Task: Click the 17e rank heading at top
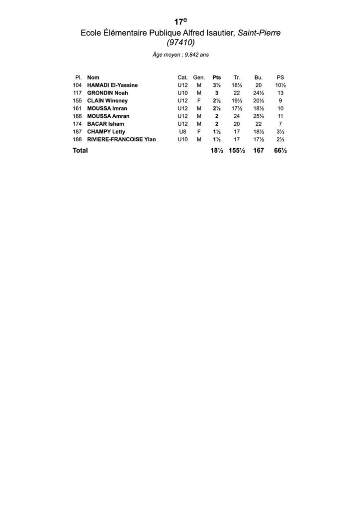(x=180, y=22)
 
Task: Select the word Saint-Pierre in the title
(x=260, y=33)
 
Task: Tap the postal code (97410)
(x=180, y=43)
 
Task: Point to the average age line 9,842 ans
(x=180, y=56)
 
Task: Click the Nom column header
(x=92, y=78)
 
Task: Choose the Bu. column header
(x=258, y=78)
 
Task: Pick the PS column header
(x=280, y=78)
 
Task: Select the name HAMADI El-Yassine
(x=112, y=85)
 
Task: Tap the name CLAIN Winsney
(x=107, y=101)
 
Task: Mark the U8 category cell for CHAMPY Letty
(x=182, y=132)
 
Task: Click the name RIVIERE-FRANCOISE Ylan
(x=121, y=139)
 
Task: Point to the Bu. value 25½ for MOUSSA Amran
(x=258, y=116)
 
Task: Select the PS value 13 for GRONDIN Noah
(x=280, y=93)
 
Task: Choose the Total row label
(x=80, y=150)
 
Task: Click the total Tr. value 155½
(x=237, y=150)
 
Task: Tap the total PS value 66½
(x=280, y=150)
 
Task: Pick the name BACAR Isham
(x=105, y=124)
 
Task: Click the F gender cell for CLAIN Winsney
(x=198, y=101)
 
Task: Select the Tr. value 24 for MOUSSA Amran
(x=237, y=116)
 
